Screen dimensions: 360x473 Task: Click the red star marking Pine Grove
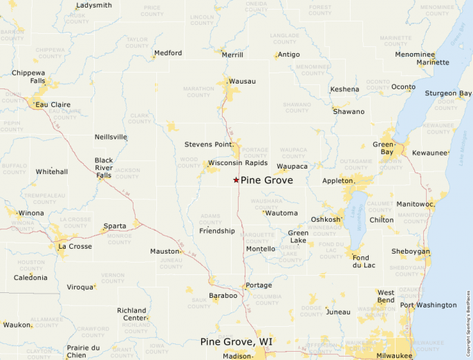point(236,180)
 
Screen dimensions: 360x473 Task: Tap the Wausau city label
point(242,82)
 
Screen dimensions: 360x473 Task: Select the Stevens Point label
point(207,144)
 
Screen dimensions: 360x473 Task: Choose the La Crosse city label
point(75,245)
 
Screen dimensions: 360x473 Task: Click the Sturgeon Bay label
point(448,93)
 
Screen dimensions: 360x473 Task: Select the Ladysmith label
point(94,6)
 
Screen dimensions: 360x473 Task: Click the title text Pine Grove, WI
point(236,342)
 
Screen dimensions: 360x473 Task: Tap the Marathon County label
point(198,92)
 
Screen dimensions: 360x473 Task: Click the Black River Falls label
point(104,168)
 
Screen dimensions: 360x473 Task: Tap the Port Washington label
point(428,305)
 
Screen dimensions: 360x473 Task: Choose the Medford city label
point(168,53)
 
